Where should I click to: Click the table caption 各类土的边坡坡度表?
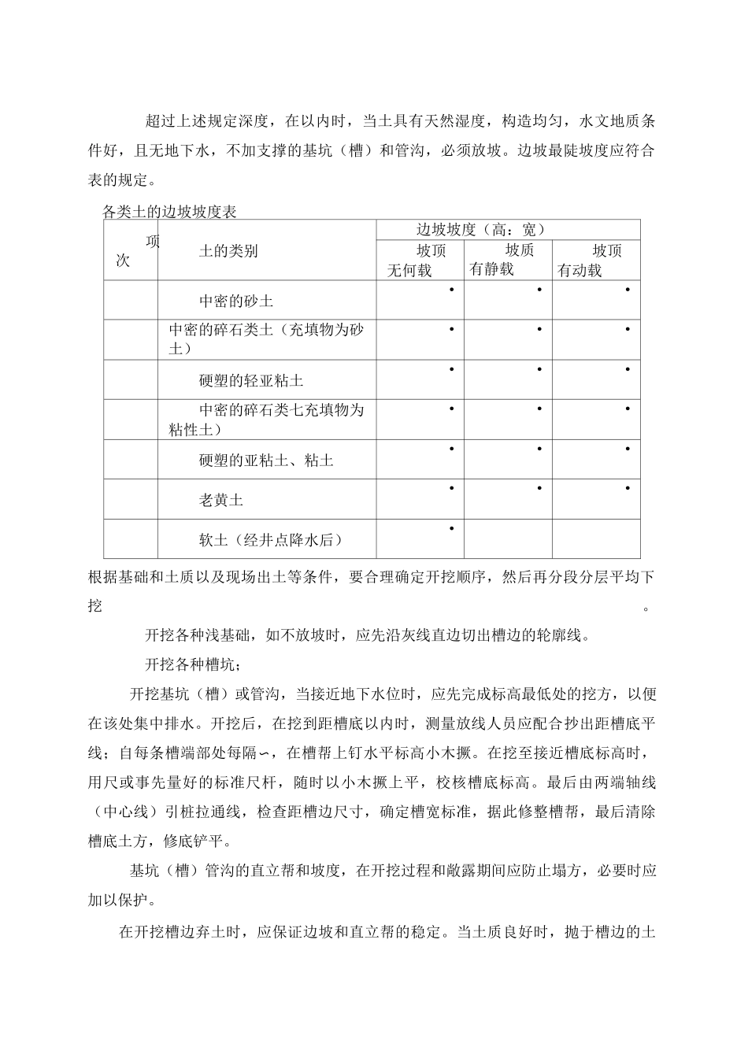point(170,212)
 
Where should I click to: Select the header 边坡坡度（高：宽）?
point(480,229)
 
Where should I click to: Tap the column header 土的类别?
point(228,251)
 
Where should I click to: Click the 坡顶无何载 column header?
point(420,260)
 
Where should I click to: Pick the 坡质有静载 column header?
point(507,260)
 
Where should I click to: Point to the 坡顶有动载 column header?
point(595,260)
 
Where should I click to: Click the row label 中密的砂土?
point(236,301)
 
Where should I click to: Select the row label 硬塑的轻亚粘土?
point(251,381)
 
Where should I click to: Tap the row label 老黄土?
point(221,500)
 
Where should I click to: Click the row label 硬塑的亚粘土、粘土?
point(266,461)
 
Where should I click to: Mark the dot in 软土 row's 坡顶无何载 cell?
point(451,528)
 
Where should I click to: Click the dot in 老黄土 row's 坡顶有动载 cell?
point(628,489)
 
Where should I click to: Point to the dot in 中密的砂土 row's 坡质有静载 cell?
point(539,290)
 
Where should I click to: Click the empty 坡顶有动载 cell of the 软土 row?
point(596,538)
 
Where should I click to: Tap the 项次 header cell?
point(131,251)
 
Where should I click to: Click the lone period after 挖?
point(646,607)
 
